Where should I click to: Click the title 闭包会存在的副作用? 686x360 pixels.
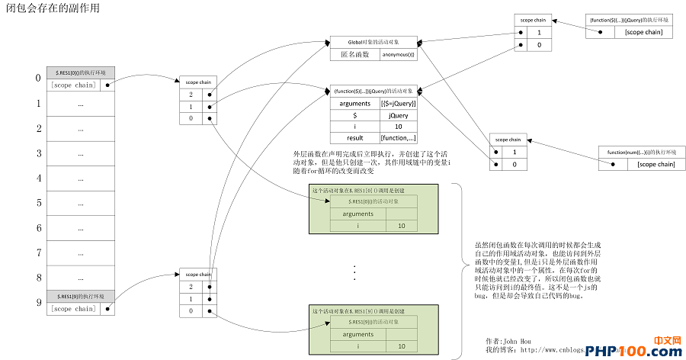[52, 8]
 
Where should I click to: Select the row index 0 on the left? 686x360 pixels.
[37, 79]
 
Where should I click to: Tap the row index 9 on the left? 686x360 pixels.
[37, 303]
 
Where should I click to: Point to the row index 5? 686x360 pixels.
[37, 203]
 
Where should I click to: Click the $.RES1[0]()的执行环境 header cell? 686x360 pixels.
[80, 72]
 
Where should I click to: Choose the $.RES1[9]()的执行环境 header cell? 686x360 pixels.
[80, 296]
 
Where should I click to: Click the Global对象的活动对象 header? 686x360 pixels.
[373, 41]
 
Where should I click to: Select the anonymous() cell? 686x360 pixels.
[398, 54]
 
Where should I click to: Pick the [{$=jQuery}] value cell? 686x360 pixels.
[398, 103]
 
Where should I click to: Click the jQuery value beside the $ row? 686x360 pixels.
[398, 115]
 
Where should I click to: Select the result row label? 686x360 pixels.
[354, 138]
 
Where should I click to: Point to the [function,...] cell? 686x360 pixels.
[398, 138]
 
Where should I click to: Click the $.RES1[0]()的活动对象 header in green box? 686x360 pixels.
[373, 201]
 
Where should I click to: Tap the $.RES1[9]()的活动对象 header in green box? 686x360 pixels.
[373, 323]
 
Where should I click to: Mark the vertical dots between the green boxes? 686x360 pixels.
[355, 272]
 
